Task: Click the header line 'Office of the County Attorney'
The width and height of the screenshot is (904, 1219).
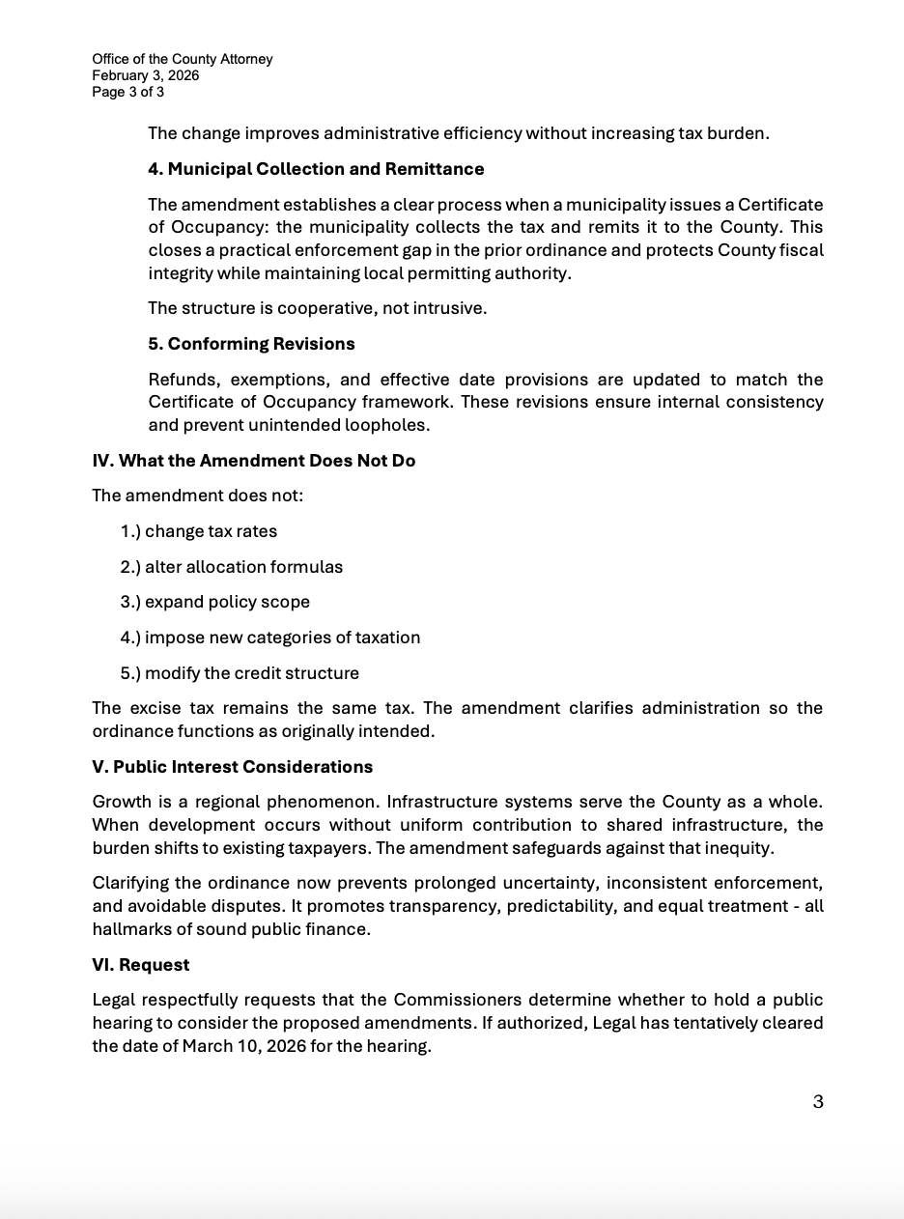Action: (183, 59)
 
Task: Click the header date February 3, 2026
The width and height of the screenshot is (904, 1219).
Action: (146, 75)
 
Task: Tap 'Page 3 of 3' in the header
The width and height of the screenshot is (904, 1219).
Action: (128, 92)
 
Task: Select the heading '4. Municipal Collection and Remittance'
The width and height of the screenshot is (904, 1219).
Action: (316, 169)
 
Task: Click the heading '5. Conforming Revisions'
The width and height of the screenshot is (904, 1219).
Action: (251, 344)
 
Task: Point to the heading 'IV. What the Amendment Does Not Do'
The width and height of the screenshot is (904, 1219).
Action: (253, 461)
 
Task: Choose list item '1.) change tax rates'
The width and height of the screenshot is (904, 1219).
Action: (199, 531)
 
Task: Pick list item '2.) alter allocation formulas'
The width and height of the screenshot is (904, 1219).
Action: (232, 567)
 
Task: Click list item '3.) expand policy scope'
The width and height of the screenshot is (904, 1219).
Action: (215, 602)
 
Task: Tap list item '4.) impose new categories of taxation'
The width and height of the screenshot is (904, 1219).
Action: (270, 638)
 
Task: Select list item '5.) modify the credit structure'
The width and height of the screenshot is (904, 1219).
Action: (240, 673)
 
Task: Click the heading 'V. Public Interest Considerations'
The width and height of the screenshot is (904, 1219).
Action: (232, 767)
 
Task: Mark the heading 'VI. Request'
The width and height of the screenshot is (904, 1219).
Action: (141, 965)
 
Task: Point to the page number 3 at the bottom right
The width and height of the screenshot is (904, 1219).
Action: (818, 1102)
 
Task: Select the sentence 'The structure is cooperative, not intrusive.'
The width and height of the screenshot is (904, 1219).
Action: (317, 309)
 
